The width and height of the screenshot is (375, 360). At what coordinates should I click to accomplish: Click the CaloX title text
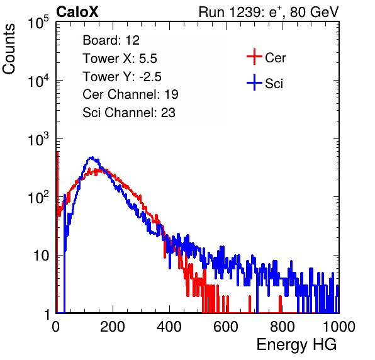point(77,12)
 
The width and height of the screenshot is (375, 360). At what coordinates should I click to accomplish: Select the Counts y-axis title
point(9,49)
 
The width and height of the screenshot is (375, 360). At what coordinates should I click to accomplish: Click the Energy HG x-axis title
point(296,345)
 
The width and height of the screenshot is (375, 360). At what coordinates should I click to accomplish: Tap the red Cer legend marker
point(254,57)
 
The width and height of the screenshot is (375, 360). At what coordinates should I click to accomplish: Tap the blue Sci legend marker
point(254,83)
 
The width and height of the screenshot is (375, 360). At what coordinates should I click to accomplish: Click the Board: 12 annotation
point(111,40)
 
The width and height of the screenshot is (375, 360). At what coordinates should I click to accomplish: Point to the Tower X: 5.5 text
point(120,59)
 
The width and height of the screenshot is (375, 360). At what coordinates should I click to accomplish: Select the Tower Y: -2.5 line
point(122,77)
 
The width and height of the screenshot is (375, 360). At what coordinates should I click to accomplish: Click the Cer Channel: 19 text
point(130,94)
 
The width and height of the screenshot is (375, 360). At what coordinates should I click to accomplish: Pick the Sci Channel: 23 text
point(129,113)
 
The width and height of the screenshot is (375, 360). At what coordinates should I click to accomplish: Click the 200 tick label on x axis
point(113,327)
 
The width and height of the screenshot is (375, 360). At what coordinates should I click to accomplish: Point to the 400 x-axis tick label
point(169,327)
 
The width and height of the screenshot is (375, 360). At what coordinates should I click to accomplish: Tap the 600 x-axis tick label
point(226,327)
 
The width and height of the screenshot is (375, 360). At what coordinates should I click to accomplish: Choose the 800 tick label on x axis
point(283,327)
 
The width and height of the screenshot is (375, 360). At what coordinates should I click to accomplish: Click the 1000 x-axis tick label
point(339,327)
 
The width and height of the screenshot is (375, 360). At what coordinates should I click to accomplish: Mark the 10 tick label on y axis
point(41,256)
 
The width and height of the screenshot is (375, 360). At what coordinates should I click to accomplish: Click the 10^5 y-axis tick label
point(38,22)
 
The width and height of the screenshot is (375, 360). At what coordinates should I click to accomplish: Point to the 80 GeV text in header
point(314,12)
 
